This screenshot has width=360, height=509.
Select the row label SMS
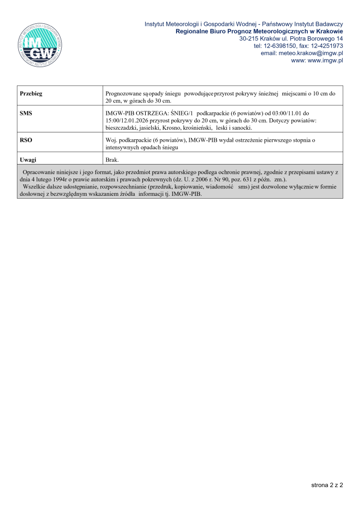(26, 113)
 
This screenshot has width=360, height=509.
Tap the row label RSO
(26, 141)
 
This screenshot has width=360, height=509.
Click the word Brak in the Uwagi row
(112, 160)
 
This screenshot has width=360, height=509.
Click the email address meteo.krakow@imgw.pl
(309, 53)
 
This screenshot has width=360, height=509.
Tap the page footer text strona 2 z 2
(327, 484)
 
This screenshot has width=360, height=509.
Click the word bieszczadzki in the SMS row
(120, 128)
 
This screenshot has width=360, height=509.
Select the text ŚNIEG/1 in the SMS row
(180, 113)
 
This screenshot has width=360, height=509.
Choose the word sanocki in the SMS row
(242, 128)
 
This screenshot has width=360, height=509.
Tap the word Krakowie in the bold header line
(329, 31)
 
